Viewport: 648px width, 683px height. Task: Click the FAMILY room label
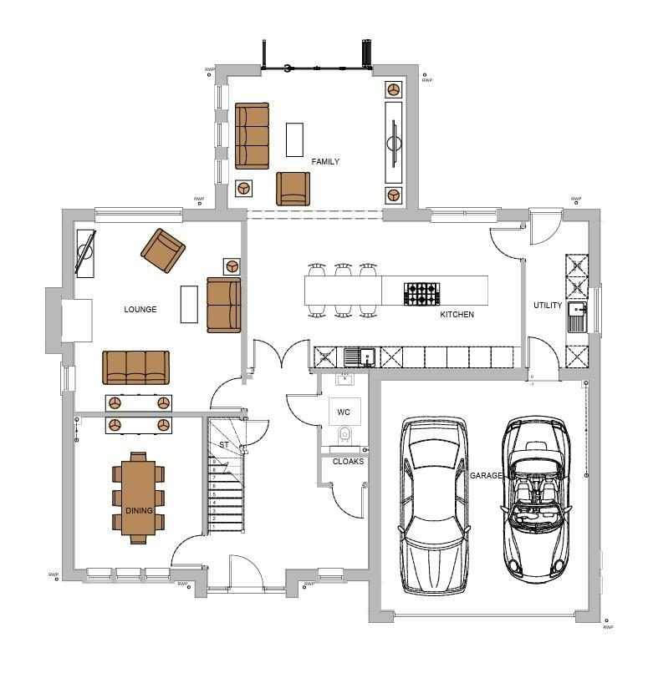click(x=325, y=161)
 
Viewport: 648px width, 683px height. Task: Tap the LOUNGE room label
click(x=140, y=309)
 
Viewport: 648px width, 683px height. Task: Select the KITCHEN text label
click(x=457, y=315)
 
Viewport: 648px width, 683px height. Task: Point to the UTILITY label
click(x=548, y=306)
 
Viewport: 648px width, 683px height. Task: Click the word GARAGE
click(x=486, y=475)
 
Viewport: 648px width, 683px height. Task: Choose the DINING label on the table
click(x=139, y=510)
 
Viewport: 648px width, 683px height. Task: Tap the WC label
click(x=344, y=412)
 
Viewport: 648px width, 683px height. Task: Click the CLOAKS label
click(x=348, y=461)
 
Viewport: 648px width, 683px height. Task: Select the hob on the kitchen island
click(x=421, y=293)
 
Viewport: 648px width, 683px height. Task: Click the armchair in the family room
click(x=293, y=189)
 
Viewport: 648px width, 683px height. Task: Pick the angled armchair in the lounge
click(x=163, y=250)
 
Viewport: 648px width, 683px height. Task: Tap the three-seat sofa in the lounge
click(x=135, y=367)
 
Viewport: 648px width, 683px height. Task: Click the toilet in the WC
click(x=344, y=436)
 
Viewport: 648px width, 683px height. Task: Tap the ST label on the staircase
click(x=223, y=445)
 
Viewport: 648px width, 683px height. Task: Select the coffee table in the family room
click(x=294, y=139)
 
